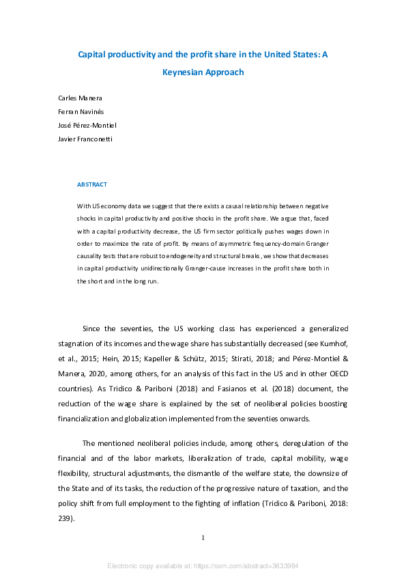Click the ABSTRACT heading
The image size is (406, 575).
click(91, 184)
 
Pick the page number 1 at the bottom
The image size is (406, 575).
click(203, 537)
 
